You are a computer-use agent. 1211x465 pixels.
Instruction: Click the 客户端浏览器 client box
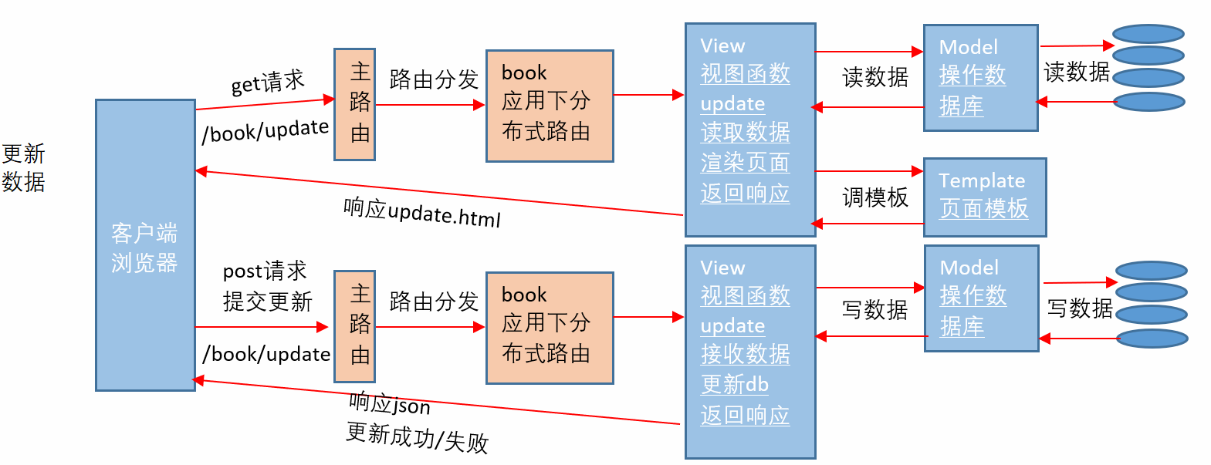coord(145,245)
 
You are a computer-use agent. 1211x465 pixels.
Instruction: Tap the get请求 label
coord(267,83)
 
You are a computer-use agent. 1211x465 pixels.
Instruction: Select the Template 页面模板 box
coord(984,197)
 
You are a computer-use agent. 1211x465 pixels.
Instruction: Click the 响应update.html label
coord(421,212)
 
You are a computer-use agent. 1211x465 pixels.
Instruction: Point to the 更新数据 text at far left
coord(23,167)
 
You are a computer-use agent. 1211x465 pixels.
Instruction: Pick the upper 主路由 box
coord(354,104)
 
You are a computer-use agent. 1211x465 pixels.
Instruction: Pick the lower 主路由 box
coord(354,326)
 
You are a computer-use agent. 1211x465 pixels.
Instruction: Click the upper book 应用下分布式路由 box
coord(549,106)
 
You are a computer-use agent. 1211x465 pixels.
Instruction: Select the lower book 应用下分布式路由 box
coord(549,328)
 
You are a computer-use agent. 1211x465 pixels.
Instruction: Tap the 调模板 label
coord(874,197)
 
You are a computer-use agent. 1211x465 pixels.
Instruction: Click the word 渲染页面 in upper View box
coord(744,163)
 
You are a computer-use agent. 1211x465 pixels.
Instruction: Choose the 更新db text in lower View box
coord(734,384)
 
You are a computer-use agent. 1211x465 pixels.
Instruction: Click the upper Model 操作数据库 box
coord(980,77)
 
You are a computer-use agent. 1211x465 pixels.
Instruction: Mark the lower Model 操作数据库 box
coord(981,298)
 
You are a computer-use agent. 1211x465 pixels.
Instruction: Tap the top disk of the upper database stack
coord(1148,34)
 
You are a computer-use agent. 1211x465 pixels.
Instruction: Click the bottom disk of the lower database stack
coord(1152,339)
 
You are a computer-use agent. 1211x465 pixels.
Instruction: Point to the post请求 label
coord(265,271)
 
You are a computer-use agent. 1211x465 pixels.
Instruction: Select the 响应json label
coord(390,403)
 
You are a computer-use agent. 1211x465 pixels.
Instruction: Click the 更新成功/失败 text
coord(417,437)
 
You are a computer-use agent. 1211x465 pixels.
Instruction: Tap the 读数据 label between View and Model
coord(874,77)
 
